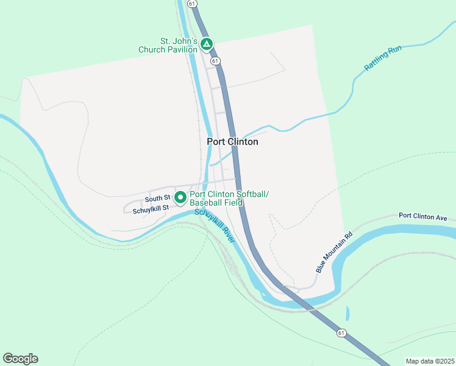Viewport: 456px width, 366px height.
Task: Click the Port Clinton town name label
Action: tap(232, 142)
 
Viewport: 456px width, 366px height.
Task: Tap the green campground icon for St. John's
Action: tap(207, 44)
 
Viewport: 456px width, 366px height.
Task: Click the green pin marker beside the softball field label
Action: tap(180, 197)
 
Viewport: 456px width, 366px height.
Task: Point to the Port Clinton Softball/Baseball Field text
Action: tap(229, 198)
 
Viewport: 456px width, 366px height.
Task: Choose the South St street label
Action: tap(157, 199)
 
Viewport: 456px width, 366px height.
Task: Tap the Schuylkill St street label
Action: tap(146, 209)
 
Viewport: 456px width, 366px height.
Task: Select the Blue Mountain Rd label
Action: tap(334, 252)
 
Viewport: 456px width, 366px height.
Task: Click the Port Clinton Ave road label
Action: tap(423, 217)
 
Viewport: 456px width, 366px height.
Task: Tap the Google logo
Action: tap(20, 359)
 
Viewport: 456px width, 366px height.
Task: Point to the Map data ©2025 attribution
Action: tap(429, 361)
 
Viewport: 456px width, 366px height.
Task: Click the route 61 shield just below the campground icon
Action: tap(215, 61)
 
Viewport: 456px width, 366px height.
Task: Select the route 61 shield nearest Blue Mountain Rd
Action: tap(341, 333)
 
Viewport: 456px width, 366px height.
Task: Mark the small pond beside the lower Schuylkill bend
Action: tap(347, 314)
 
